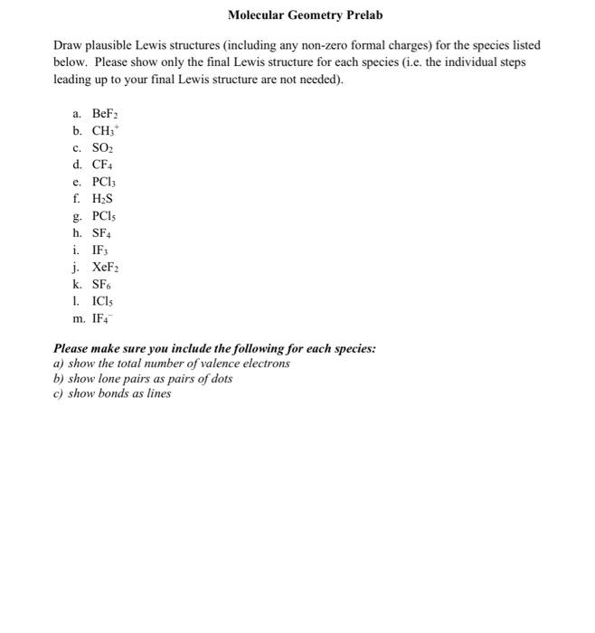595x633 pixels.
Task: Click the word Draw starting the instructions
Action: point(69,45)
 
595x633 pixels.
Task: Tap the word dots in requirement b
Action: point(220,379)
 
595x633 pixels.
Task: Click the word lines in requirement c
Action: point(157,394)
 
